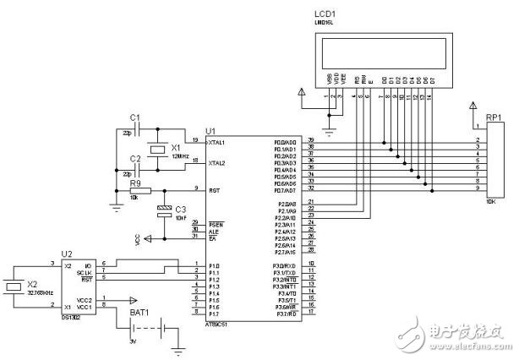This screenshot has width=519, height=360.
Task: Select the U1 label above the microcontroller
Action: (x=210, y=131)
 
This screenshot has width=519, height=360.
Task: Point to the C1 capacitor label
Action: (x=134, y=116)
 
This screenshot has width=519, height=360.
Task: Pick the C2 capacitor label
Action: (x=134, y=159)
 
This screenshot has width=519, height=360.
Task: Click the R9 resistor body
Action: (x=138, y=190)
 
